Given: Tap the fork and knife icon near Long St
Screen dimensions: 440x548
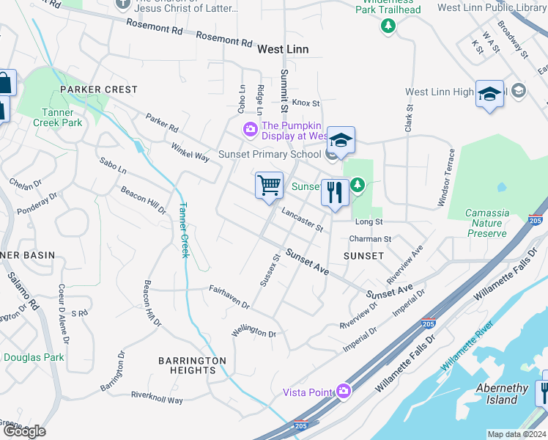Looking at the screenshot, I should [334, 193].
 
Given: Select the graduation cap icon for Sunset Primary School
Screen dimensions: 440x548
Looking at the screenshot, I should [341, 139].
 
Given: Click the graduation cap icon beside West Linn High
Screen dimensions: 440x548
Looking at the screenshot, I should [489, 95].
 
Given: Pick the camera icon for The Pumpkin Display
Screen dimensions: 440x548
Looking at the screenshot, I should [251, 130].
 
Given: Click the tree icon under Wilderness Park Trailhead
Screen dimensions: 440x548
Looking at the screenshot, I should [388, 26].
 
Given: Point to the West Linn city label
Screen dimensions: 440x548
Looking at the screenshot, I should [283, 49].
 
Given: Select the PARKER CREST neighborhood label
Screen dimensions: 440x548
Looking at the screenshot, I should [99, 89].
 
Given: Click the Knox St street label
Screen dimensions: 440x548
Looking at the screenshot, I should [306, 103].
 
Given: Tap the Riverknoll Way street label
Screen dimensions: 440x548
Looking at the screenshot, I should [157, 397].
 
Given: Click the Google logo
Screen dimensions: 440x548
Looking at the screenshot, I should [24, 430].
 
